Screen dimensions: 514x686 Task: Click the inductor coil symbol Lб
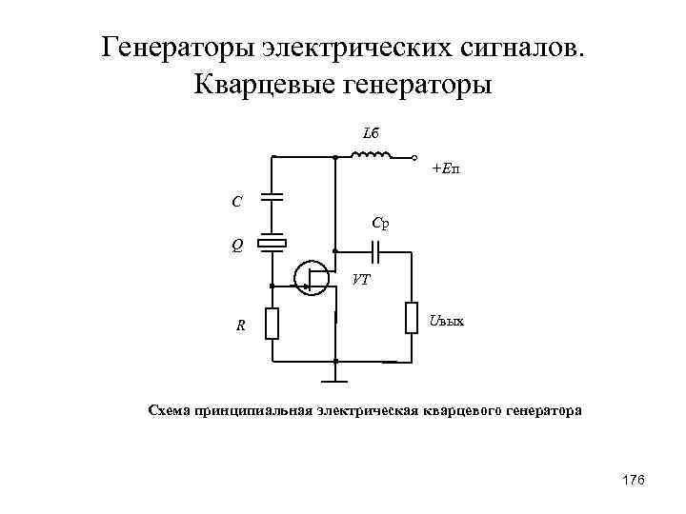373,155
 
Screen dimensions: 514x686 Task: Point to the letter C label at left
236,202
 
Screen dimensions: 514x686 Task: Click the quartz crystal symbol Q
272,244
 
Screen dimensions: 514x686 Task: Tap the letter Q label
236,244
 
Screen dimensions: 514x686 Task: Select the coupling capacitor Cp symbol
378,251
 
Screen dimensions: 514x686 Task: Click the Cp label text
380,225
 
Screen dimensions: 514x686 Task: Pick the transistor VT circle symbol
312,277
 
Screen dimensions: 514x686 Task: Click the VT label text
361,280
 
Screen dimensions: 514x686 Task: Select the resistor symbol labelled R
272,324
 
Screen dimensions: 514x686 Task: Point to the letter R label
241,326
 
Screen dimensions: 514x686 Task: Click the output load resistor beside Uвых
412,317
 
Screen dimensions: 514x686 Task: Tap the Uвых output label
446,321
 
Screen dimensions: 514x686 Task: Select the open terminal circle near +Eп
415,156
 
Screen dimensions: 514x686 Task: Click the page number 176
634,481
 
